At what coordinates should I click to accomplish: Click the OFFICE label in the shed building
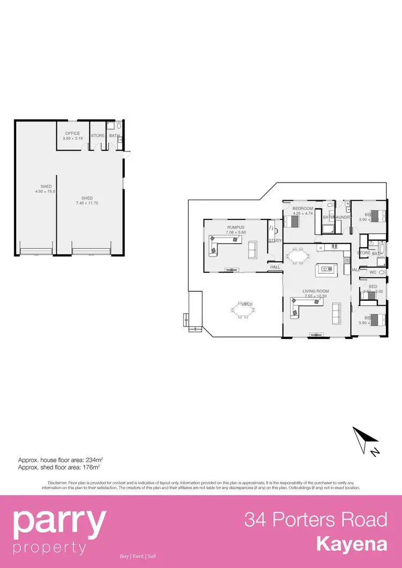pyautogui.click(x=72, y=133)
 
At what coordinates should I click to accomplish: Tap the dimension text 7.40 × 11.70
pyautogui.click(x=87, y=203)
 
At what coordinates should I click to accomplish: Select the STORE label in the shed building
pyautogui.click(x=98, y=136)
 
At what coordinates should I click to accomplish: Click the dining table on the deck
pyautogui.click(x=243, y=309)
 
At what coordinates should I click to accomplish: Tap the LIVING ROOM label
pyautogui.click(x=316, y=291)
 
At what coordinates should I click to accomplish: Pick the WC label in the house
pyautogui.click(x=373, y=272)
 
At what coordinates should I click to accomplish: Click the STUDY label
pyautogui.click(x=275, y=240)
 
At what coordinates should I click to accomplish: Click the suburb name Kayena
pyautogui.click(x=352, y=544)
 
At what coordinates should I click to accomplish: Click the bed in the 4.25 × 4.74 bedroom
pyautogui.click(x=295, y=220)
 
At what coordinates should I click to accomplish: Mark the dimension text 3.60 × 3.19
pyautogui.click(x=72, y=139)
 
